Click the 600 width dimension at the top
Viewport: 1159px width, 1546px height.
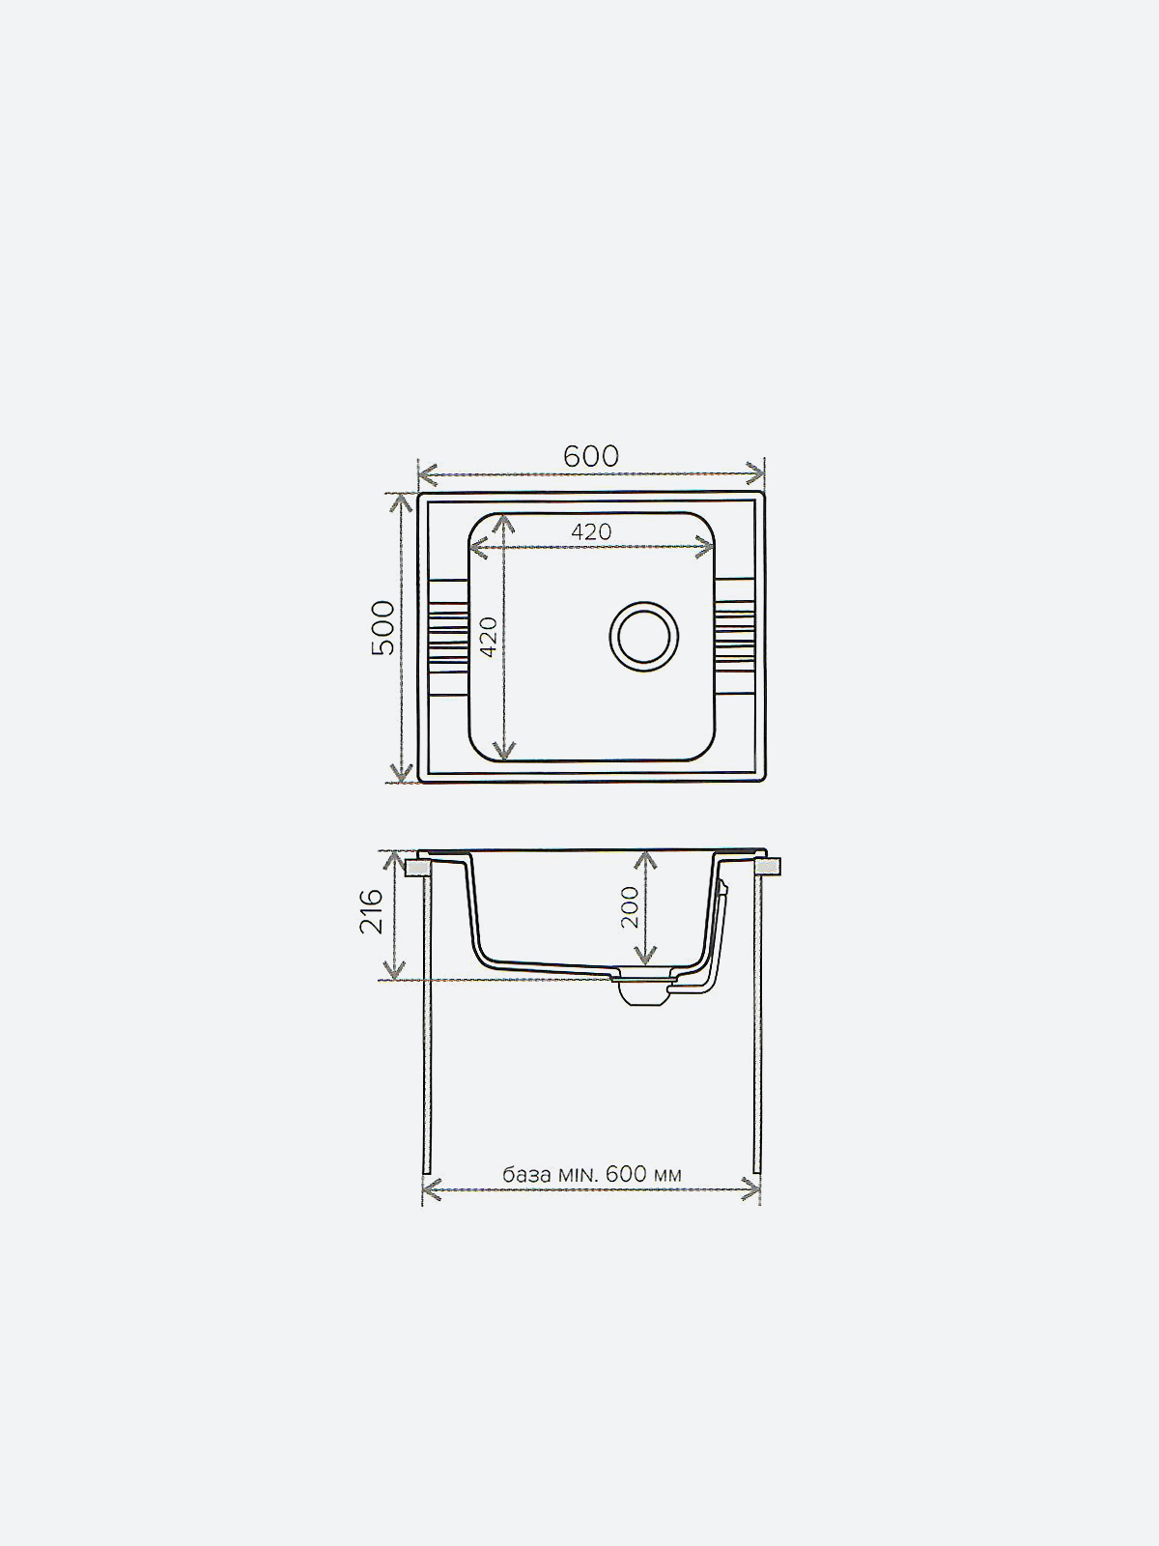(x=591, y=456)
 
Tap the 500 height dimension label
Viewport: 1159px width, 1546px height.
(x=383, y=627)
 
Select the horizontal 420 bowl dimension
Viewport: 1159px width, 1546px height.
(x=591, y=531)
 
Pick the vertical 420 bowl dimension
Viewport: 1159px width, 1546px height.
(x=489, y=637)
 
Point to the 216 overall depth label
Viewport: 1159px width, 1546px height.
(x=372, y=911)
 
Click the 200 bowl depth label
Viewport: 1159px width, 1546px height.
(x=630, y=907)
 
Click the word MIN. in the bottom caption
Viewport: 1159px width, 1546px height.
(x=578, y=1174)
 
